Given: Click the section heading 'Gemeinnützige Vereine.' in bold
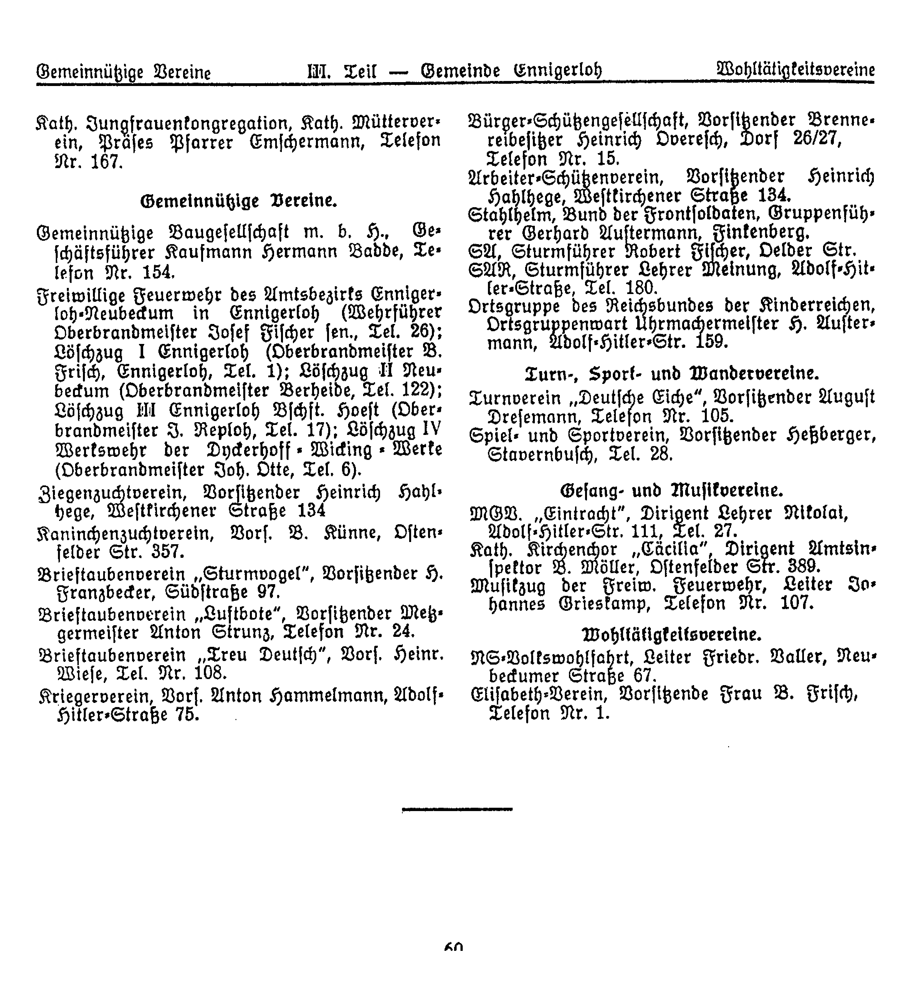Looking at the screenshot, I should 239,201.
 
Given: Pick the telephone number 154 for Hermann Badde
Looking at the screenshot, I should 158,273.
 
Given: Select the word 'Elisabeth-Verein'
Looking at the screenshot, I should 538,694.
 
